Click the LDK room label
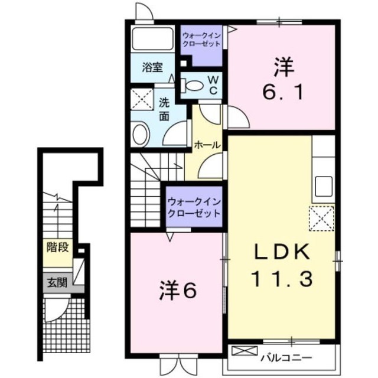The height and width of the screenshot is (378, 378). [x=282, y=252]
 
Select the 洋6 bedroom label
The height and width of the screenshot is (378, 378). [x=177, y=291]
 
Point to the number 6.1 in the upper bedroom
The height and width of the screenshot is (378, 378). [x=282, y=92]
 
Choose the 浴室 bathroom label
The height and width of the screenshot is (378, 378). [x=152, y=67]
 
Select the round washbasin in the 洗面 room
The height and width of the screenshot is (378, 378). [x=141, y=134]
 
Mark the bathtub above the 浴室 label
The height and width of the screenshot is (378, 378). [x=152, y=39]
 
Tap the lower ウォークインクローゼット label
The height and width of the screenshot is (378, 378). [x=194, y=207]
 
